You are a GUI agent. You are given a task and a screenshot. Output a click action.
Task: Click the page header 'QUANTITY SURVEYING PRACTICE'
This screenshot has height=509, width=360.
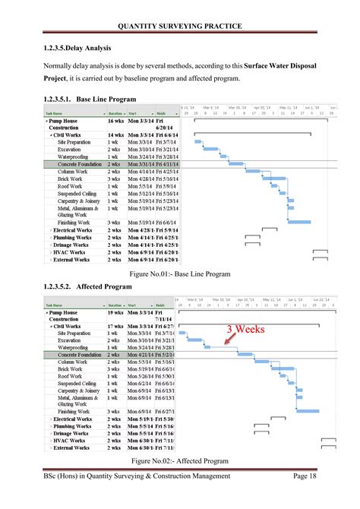coord(180,27)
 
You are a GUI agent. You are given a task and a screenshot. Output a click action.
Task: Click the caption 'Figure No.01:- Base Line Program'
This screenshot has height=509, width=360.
coord(180,273)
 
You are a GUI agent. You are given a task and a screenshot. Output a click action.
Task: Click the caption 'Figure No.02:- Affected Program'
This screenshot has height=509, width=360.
coord(180,461)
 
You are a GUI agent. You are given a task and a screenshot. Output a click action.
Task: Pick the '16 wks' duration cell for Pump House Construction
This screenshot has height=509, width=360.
coord(115,122)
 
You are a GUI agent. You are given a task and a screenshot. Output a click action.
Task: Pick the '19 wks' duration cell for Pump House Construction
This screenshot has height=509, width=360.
coord(115,312)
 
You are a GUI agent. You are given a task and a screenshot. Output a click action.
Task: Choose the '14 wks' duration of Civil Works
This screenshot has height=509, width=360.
coord(115,135)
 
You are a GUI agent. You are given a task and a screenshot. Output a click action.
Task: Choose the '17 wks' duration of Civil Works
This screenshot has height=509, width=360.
coord(115,326)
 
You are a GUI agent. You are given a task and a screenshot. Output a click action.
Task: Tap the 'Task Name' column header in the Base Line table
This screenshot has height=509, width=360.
coord(58,112)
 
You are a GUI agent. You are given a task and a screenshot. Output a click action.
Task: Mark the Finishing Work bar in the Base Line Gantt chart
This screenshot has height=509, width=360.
coord(301,221)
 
